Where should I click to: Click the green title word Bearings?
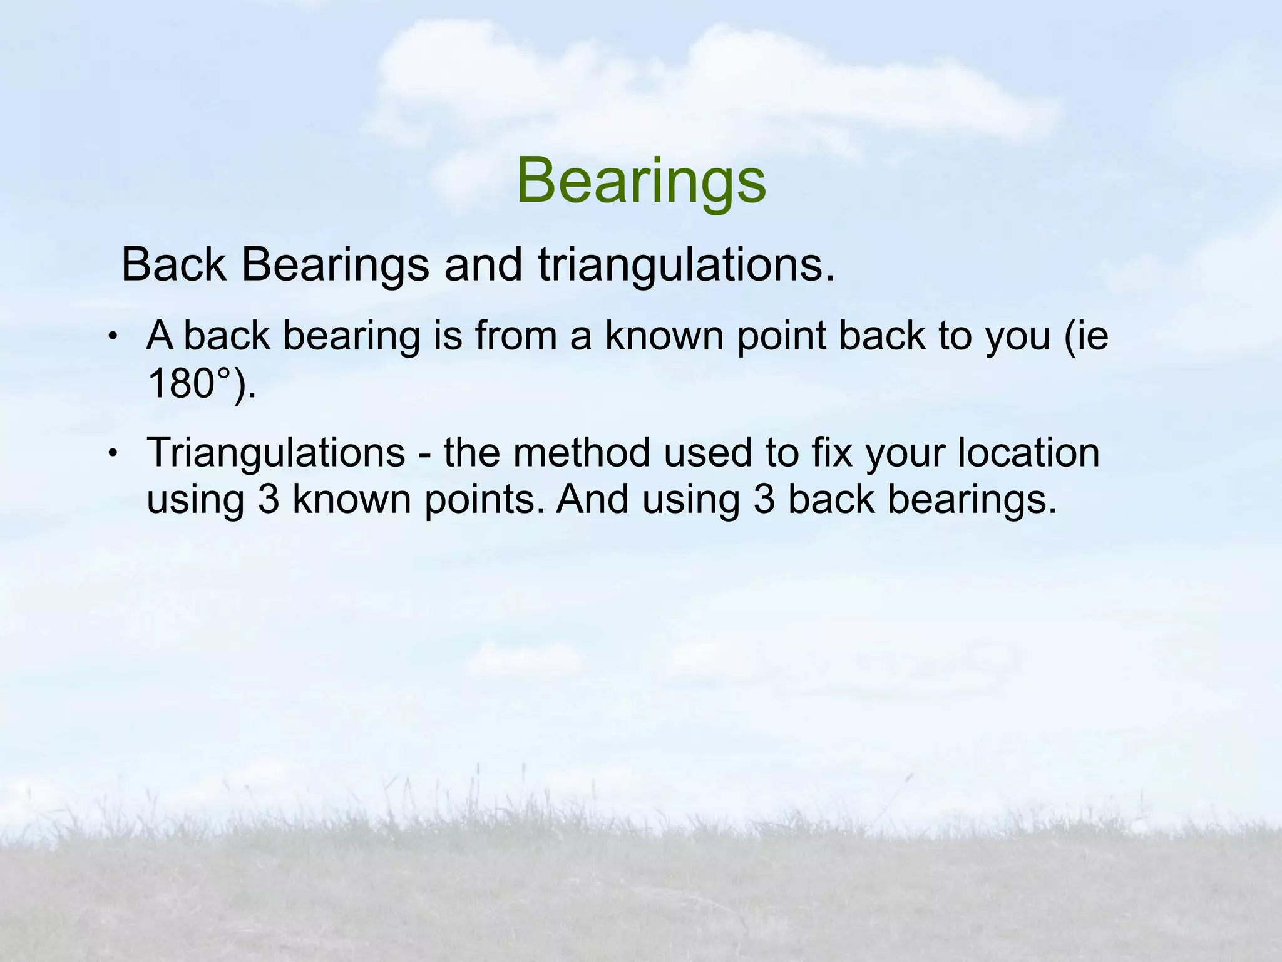641,182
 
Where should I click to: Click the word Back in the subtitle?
173,265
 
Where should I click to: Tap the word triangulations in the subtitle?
686,265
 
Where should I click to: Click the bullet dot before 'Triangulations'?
112,452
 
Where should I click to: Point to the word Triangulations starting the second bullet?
275,452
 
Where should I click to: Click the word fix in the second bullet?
831,452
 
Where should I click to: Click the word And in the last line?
592,500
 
